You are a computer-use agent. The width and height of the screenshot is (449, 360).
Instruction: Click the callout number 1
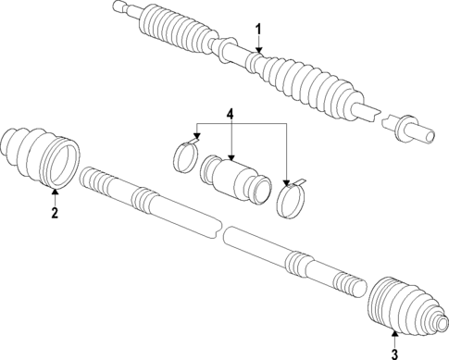(259, 29)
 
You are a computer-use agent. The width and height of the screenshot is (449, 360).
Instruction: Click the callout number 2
(54, 212)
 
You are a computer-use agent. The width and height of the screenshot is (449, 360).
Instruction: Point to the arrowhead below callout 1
(259, 50)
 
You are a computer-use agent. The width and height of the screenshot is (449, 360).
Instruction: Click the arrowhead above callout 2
(54, 192)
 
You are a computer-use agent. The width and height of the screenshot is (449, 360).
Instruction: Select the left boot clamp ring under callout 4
(185, 155)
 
